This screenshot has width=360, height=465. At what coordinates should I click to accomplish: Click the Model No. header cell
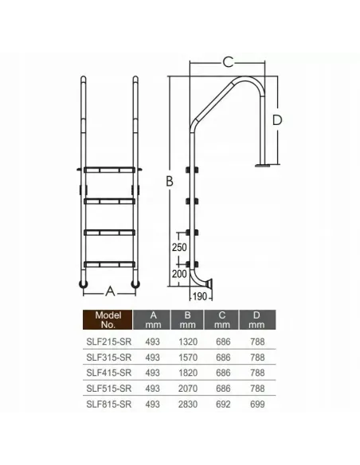coord(108,320)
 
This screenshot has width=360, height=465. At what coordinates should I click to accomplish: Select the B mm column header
coord(187,320)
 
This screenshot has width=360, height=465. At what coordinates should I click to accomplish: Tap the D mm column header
coord(256,320)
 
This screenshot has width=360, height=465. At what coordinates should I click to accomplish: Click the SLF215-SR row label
coord(109,342)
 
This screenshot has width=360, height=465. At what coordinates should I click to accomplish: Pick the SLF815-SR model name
coord(109,404)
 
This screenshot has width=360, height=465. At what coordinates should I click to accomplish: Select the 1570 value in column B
coord(188,358)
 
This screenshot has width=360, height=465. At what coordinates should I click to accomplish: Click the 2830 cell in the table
coord(188,404)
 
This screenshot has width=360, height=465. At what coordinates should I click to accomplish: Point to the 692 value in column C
coord(223,404)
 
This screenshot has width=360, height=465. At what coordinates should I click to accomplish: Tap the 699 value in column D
coord(257,404)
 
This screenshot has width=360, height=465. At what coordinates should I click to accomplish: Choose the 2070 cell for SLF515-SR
coord(188,389)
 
